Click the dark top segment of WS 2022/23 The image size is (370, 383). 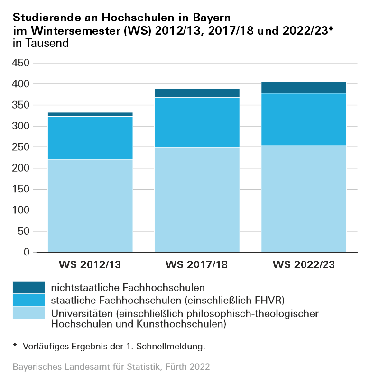304,88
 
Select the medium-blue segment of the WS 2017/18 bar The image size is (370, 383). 197,122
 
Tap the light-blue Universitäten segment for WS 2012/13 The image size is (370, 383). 90,206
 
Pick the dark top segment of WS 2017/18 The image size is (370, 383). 197,93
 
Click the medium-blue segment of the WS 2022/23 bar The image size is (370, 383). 304,119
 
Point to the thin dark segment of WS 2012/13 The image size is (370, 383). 90,114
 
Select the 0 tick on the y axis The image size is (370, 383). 27,252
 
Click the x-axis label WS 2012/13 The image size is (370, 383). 90,264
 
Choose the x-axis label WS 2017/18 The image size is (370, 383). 197,264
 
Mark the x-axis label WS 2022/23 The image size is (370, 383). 304,264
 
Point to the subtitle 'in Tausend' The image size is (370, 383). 42,43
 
